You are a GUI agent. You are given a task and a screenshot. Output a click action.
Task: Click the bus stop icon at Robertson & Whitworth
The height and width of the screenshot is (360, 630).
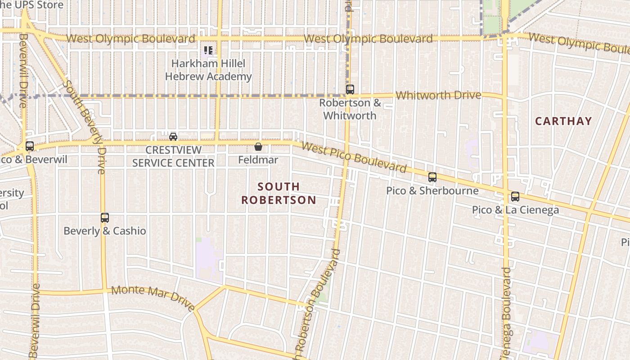(350, 90)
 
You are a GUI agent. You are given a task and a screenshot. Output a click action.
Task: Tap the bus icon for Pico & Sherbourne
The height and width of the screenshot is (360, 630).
(432, 177)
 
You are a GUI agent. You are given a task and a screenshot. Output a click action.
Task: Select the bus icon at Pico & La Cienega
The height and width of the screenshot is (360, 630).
(515, 197)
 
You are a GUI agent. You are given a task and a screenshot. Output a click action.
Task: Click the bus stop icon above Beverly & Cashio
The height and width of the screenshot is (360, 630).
(105, 218)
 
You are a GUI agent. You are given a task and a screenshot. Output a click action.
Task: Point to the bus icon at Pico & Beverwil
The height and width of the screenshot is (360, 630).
(30, 146)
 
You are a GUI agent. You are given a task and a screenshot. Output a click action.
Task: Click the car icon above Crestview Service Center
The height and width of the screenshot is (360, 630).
(173, 136)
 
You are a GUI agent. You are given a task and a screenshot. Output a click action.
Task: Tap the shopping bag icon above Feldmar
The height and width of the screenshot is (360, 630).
(258, 147)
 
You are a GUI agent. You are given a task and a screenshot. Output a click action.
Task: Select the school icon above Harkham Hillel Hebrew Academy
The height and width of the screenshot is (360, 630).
(208, 50)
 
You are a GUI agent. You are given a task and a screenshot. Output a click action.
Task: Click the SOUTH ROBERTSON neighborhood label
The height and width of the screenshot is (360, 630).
(279, 193)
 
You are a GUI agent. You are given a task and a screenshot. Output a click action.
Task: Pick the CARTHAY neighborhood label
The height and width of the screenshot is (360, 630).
(563, 121)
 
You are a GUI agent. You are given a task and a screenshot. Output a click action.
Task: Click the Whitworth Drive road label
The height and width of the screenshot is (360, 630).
(438, 95)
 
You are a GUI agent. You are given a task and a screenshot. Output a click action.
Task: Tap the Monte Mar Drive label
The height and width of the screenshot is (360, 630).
(153, 297)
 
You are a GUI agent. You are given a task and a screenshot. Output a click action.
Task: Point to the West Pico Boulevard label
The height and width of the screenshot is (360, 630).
(354, 157)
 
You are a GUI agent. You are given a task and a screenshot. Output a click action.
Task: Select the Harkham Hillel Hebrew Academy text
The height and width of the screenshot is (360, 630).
(208, 70)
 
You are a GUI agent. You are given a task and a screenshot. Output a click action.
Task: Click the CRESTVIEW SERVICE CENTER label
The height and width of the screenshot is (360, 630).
(173, 156)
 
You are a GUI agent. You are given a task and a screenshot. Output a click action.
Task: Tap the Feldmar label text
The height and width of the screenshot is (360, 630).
(258, 160)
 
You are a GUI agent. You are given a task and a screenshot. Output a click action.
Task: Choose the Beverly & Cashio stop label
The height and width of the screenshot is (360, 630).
(105, 231)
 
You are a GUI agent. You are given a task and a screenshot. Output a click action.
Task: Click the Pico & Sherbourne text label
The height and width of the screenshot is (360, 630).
(432, 191)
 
